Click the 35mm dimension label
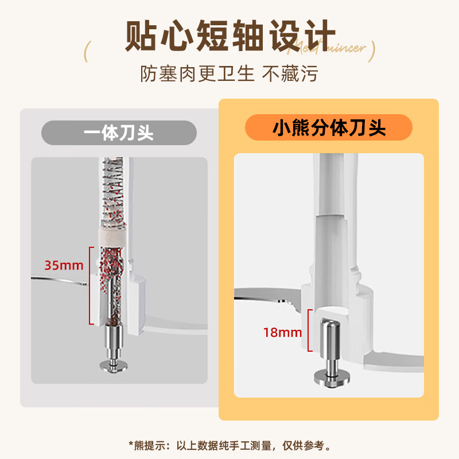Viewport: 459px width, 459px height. pos(64,266)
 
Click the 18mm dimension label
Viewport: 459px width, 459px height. pos(282,331)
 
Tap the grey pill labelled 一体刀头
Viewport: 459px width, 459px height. pos(119,133)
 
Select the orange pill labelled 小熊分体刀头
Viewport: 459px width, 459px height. pos(329,128)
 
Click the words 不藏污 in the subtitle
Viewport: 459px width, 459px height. pos(290,73)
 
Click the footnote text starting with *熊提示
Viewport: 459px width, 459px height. pos(229,445)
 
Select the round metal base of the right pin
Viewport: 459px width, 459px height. pos(329,378)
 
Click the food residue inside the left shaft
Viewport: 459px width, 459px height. pos(112,275)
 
